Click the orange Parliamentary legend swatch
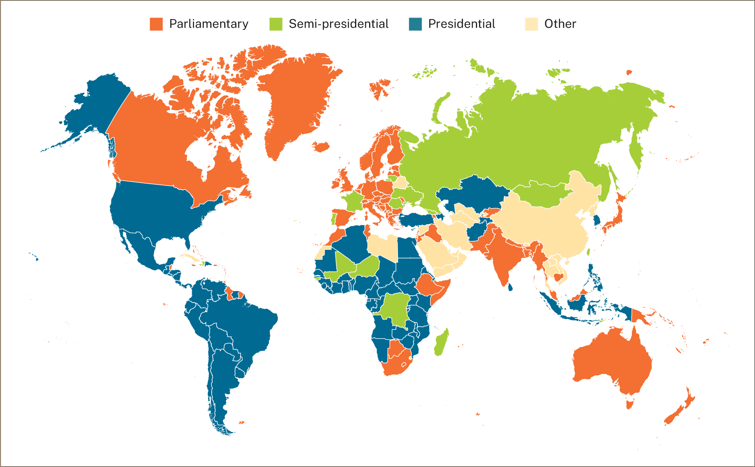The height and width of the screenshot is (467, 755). click(156, 24)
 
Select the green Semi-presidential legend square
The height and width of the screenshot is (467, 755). click(276, 24)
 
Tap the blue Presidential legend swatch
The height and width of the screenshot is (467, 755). click(415, 24)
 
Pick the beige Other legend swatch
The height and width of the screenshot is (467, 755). click(531, 24)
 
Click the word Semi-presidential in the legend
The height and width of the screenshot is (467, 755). click(338, 24)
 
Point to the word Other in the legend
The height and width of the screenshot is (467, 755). click(560, 24)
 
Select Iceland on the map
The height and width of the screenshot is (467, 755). click(321, 147)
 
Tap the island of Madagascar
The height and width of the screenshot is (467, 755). click(441, 343)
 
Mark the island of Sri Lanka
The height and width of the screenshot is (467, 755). click(510, 288)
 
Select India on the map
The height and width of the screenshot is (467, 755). click(503, 257)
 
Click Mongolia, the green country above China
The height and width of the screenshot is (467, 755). click(542, 195)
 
